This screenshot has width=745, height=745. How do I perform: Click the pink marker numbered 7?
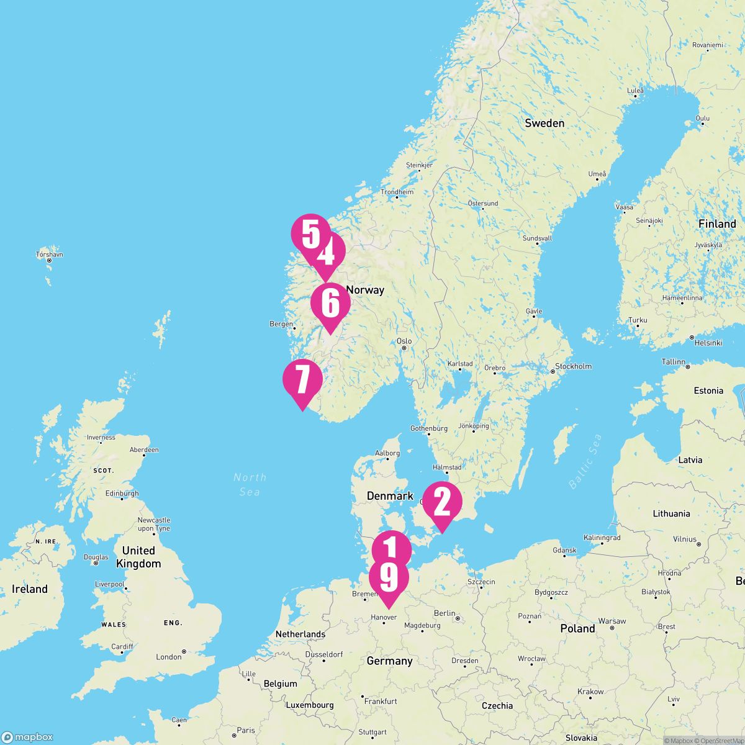point(302,380)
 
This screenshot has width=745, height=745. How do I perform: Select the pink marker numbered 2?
point(442,502)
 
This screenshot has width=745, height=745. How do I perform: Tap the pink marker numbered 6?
point(330,304)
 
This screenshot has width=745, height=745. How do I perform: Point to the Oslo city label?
point(404,341)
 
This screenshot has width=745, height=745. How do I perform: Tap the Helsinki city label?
point(708,343)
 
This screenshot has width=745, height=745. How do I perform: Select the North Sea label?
point(250,484)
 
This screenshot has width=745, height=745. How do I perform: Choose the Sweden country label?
point(544,123)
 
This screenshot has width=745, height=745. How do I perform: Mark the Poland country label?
point(577,628)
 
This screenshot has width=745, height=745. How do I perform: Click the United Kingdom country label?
point(138,557)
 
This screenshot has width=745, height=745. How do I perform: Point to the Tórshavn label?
point(50,255)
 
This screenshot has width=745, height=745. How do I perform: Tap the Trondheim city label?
point(397,192)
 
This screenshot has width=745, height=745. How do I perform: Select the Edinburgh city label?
point(122,494)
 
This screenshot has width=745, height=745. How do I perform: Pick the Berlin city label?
point(445,613)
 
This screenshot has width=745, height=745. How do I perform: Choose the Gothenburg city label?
point(429,428)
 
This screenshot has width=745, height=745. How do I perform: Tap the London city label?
point(169,657)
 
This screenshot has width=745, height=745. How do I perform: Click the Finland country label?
point(716,223)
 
